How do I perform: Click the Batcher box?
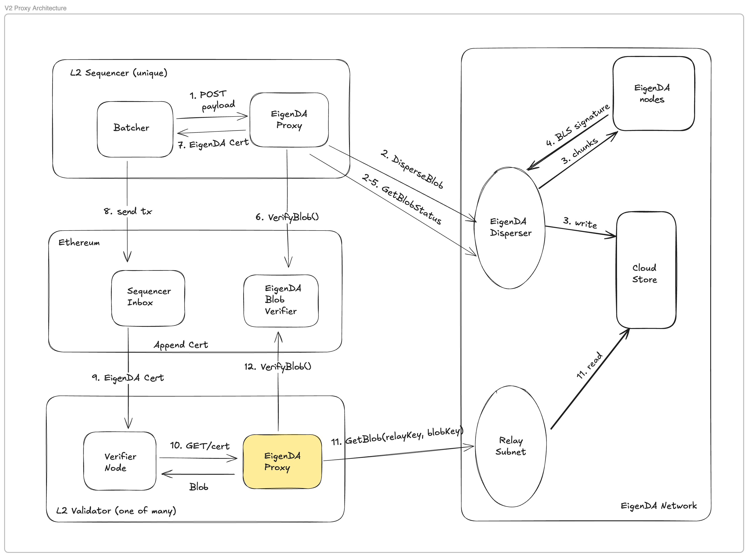135,129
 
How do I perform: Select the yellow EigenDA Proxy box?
282,461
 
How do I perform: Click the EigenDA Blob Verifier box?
281,300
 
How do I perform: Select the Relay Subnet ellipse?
510,446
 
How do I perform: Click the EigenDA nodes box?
653,93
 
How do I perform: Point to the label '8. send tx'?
128,211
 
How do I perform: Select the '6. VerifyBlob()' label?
287,217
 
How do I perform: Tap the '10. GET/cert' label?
200,446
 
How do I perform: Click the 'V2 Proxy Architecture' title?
35,8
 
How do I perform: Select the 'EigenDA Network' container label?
658,506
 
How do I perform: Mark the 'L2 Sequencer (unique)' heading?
118,73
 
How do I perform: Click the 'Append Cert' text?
181,345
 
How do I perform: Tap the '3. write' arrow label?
580,223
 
